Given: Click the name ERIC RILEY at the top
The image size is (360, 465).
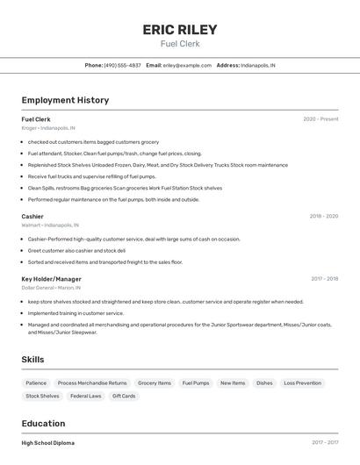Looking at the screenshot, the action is click(x=179, y=30).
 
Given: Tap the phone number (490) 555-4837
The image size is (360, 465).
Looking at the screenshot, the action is click(x=122, y=65).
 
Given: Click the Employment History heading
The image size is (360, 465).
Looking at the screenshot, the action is click(x=65, y=100).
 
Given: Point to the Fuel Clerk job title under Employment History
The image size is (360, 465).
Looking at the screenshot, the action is click(x=36, y=119).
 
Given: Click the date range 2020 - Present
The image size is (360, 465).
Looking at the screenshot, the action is click(x=320, y=119).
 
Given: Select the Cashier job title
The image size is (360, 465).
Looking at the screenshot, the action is click(x=32, y=216).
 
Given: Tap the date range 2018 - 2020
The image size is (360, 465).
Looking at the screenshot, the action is click(x=323, y=216).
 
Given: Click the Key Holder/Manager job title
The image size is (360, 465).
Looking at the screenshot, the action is click(x=51, y=279).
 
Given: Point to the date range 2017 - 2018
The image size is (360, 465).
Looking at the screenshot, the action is click(x=324, y=279).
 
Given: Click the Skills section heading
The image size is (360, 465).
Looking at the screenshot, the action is click(x=32, y=360).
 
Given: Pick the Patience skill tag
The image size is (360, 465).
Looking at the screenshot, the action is click(x=36, y=383).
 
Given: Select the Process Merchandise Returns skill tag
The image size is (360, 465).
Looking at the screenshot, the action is click(x=92, y=383).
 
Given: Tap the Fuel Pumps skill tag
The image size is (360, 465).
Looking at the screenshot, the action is click(x=196, y=383).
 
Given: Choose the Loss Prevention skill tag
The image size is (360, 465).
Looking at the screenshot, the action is click(x=302, y=383).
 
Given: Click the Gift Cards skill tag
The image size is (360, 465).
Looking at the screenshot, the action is click(x=124, y=397).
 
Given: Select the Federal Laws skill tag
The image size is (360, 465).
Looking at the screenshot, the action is click(x=86, y=397).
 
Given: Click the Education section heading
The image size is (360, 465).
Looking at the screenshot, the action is click(x=43, y=423).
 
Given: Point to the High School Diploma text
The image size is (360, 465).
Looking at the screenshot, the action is click(x=48, y=443).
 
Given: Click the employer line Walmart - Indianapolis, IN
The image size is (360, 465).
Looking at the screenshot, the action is click(x=48, y=225).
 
